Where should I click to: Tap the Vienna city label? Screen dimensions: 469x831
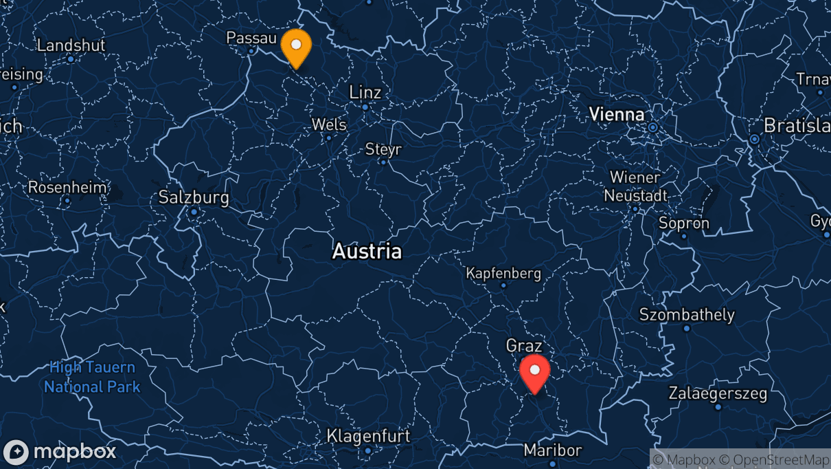click(x=617, y=114)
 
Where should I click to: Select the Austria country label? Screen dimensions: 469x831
click(x=367, y=251)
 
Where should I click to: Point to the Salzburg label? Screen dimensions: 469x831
click(x=193, y=197)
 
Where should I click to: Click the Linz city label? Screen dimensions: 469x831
click(x=365, y=92)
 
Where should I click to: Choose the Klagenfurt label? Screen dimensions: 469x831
click(x=368, y=435)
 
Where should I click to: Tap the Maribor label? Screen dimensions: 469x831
click(x=552, y=450)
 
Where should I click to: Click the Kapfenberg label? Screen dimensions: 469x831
click(x=503, y=273)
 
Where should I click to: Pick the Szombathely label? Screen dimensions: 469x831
click(x=686, y=315)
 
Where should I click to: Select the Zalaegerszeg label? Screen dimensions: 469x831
click(x=718, y=394)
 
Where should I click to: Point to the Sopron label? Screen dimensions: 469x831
click(x=683, y=223)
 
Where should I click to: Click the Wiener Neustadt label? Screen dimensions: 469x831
click(x=635, y=186)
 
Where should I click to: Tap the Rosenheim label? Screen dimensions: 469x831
click(x=67, y=187)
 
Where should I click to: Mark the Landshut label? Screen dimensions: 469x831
click(x=71, y=45)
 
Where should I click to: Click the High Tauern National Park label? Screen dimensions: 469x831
click(x=92, y=378)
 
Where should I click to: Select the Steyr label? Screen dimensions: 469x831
click(x=383, y=149)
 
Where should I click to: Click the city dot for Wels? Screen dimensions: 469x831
click(x=328, y=138)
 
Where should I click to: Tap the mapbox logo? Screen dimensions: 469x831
click(x=60, y=452)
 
